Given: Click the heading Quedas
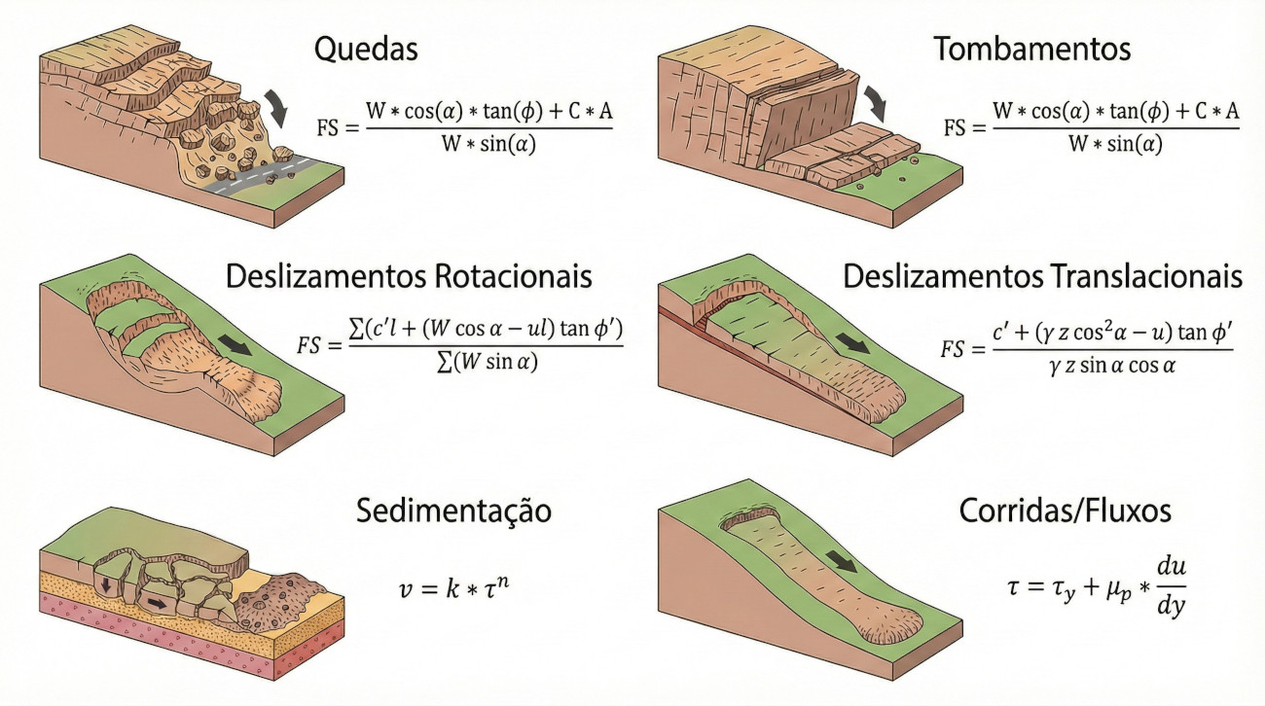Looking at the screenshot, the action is click(x=366, y=49).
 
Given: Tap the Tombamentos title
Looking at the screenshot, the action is click(x=1032, y=49).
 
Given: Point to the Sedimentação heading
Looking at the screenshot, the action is click(x=453, y=512).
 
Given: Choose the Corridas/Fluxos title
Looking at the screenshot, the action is click(x=1066, y=511).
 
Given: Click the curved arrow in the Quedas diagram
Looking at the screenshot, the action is click(x=276, y=107).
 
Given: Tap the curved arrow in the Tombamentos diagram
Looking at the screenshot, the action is click(x=874, y=104).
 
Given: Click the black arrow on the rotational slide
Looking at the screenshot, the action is click(x=235, y=344).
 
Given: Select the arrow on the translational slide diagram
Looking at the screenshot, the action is click(x=852, y=342).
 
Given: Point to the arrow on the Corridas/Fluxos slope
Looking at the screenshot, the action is click(x=842, y=561).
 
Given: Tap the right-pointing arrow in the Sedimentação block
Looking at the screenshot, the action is click(x=157, y=603).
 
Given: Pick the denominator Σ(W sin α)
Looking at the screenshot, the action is click(x=488, y=363).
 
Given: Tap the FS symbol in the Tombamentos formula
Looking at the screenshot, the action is click(x=955, y=128).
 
